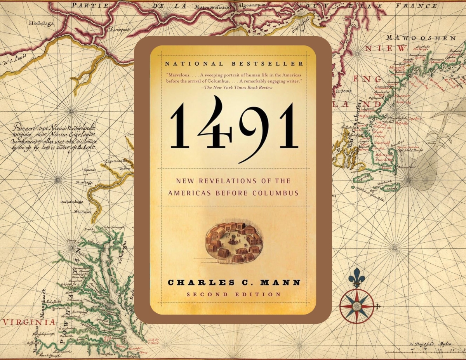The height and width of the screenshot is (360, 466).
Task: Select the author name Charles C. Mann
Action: point(233,282)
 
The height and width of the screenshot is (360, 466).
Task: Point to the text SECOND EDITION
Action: point(233,294)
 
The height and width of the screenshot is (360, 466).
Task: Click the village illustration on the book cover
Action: point(233,242)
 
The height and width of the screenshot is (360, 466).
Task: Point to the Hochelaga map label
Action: point(42,23)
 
